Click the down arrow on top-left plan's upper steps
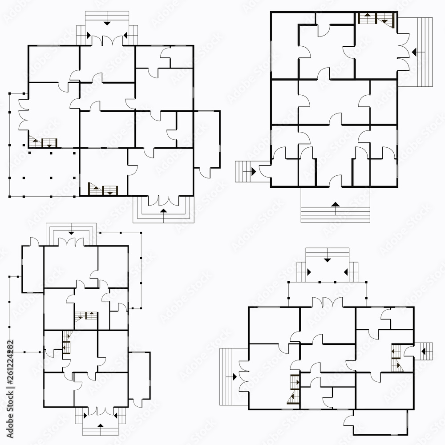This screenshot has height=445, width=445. (x=107, y=22)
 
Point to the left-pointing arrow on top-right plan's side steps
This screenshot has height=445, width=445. (x=414, y=52)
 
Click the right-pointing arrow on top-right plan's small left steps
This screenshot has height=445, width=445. (x=253, y=170)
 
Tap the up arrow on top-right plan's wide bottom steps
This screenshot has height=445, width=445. (x=336, y=204)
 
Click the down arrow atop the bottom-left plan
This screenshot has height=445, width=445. (x=71, y=233)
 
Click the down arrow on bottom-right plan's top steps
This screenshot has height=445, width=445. (x=327, y=259)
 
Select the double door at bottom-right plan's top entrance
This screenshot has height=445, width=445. (x=327, y=302)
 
